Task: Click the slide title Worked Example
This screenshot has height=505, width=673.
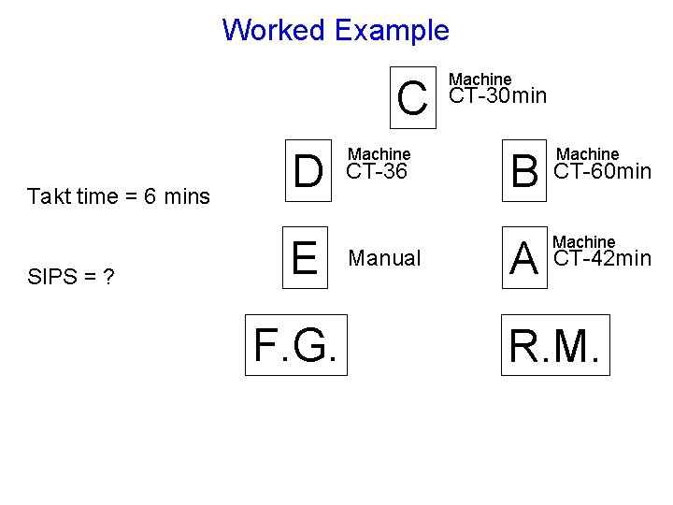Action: [x=336, y=30]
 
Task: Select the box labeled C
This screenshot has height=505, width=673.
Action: [x=413, y=97]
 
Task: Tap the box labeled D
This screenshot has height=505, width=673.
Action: [x=308, y=171]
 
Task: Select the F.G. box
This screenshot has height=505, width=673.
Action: [x=295, y=345]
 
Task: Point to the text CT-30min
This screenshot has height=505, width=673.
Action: [x=498, y=96]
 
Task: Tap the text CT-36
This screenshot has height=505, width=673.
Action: [x=377, y=171]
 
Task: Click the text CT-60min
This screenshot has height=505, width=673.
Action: [x=603, y=171]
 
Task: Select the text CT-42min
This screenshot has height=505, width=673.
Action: [x=603, y=258]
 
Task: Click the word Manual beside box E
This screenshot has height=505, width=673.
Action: [x=384, y=258]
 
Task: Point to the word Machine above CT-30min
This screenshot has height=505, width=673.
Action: [x=480, y=79]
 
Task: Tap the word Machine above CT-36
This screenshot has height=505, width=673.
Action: [x=379, y=153]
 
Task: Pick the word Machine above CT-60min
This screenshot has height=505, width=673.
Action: [x=587, y=153]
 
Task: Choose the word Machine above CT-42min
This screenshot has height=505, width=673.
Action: [x=585, y=242]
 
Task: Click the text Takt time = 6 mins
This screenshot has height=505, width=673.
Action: [x=119, y=196]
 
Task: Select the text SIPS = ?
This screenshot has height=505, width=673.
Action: [x=71, y=278]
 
